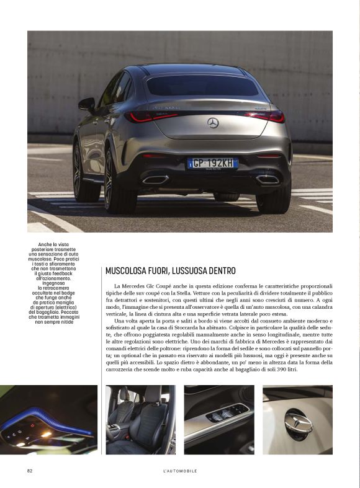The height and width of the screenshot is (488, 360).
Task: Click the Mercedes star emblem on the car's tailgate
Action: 213,123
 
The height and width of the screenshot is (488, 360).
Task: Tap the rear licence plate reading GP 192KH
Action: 212,163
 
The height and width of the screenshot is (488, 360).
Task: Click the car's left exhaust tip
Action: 155,179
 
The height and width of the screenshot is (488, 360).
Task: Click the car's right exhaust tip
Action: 268,179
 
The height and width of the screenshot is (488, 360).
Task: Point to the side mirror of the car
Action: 87,105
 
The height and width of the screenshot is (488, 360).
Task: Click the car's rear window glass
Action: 202,86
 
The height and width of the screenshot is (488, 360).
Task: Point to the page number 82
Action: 29,471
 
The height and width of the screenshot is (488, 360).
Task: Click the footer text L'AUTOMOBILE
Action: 180,471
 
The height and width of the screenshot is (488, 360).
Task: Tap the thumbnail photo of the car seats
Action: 141,420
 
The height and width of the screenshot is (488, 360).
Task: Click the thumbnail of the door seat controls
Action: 219,420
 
